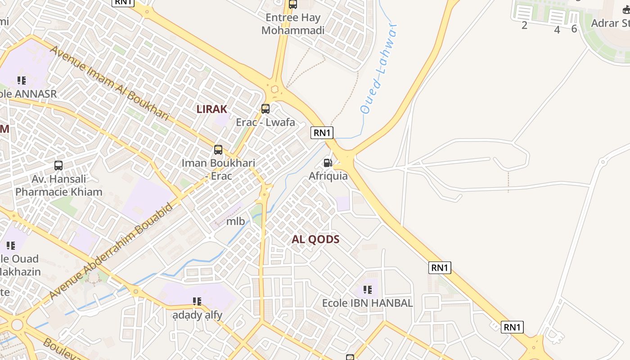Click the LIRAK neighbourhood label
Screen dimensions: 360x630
click(x=211, y=109)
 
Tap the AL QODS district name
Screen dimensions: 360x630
click(x=315, y=239)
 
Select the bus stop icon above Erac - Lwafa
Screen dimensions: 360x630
click(x=265, y=108)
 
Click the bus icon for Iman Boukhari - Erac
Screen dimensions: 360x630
click(x=218, y=150)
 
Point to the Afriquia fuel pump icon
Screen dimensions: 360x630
click(x=328, y=163)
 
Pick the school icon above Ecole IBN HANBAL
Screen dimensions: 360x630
click(x=368, y=290)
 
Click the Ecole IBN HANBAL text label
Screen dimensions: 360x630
click(x=367, y=303)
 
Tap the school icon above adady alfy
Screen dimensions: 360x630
click(x=197, y=301)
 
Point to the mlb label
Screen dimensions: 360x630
click(x=235, y=221)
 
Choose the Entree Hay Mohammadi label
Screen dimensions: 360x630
click(x=293, y=24)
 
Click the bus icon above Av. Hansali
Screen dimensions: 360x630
click(x=58, y=166)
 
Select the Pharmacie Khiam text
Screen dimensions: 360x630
click(x=59, y=192)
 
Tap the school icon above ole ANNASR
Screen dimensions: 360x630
click(x=21, y=81)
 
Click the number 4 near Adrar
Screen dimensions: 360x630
click(x=557, y=30)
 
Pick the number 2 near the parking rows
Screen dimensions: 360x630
click(x=524, y=26)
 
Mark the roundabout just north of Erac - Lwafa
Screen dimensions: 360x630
click(x=274, y=89)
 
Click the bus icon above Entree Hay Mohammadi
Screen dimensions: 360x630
click(x=293, y=4)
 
